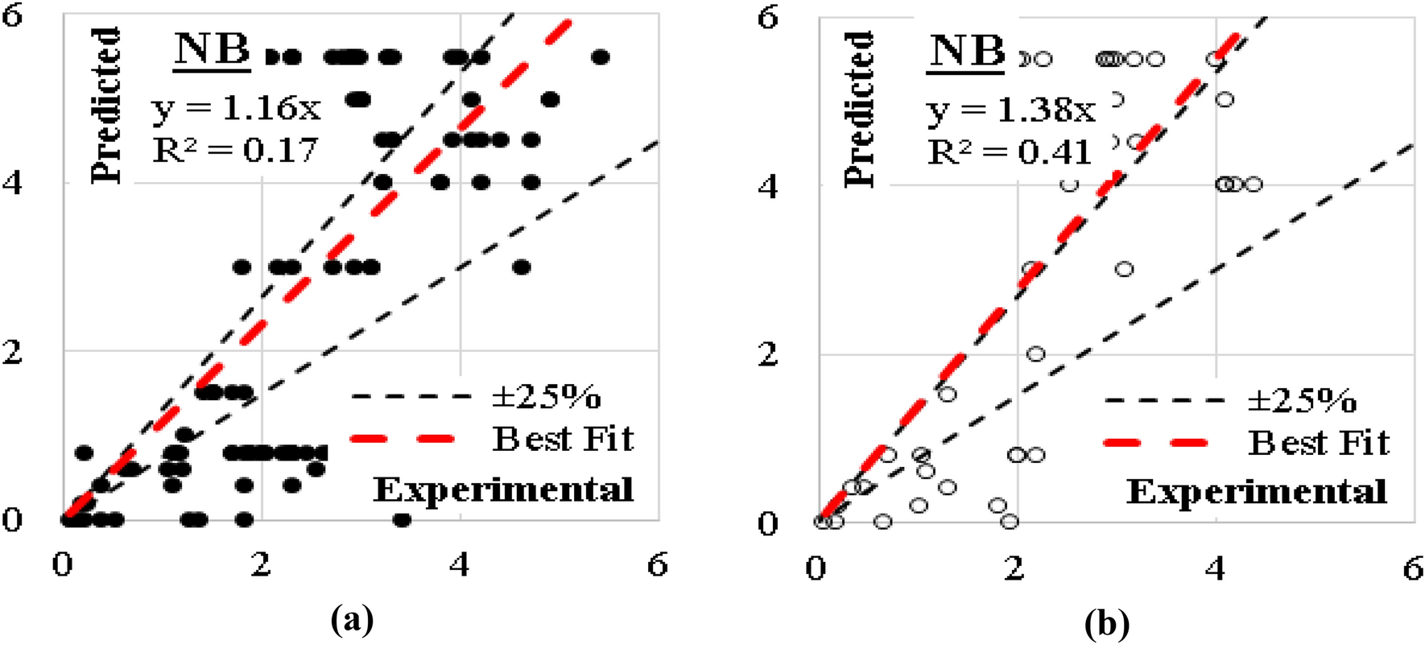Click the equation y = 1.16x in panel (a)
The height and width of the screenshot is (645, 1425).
point(236,107)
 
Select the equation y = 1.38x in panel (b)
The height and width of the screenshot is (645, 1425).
point(1011,109)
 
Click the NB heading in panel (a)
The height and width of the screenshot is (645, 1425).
point(212,50)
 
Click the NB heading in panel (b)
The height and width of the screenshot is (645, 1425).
point(966,52)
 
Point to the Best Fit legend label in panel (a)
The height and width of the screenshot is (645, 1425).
point(563,439)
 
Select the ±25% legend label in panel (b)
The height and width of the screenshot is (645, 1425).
point(1302,400)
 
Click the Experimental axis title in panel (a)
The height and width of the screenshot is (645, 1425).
point(503,490)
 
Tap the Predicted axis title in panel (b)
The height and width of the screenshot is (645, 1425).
point(859,110)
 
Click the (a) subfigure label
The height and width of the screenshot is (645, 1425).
point(352,621)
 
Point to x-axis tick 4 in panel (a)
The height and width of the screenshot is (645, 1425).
point(459,565)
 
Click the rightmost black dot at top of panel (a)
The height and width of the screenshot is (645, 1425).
point(600,57)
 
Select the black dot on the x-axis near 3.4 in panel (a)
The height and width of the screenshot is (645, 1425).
point(402,520)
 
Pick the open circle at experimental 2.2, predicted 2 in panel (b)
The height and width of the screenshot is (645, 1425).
point(1035,354)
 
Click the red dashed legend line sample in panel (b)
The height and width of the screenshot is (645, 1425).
point(1154,442)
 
